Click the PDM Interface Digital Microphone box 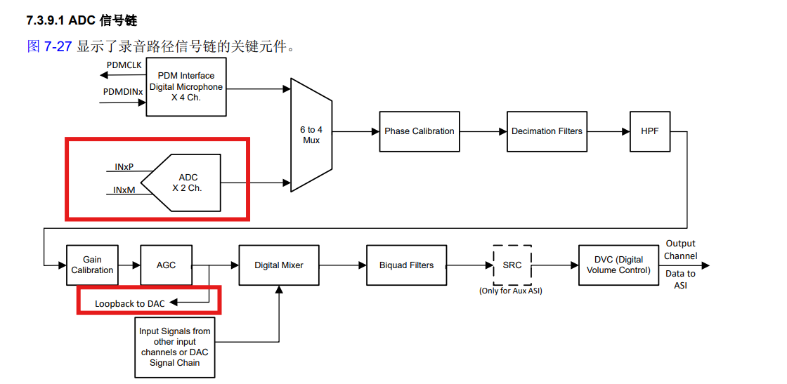click(x=186, y=86)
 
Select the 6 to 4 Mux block click(x=311, y=135)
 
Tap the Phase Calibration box click(x=419, y=131)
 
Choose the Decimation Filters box click(x=547, y=131)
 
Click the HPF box click(x=650, y=131)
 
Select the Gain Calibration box click(x=92, y=265)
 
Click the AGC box click(x=166, y=265)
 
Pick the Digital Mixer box click(x=279, y=265)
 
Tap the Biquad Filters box click(x=406, y=265)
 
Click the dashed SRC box click(x=512, y=265)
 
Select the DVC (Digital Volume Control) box click(x=618, y=265)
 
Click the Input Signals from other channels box click(x=174, y=347)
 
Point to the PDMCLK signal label click(x=124, y=65)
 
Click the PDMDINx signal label click(x=123, y=92)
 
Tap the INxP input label click(x=124, y=167)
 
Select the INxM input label click(x=124, y=190)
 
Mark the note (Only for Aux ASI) click(x=511, y=291)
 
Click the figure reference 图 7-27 click(x=49, y=47)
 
